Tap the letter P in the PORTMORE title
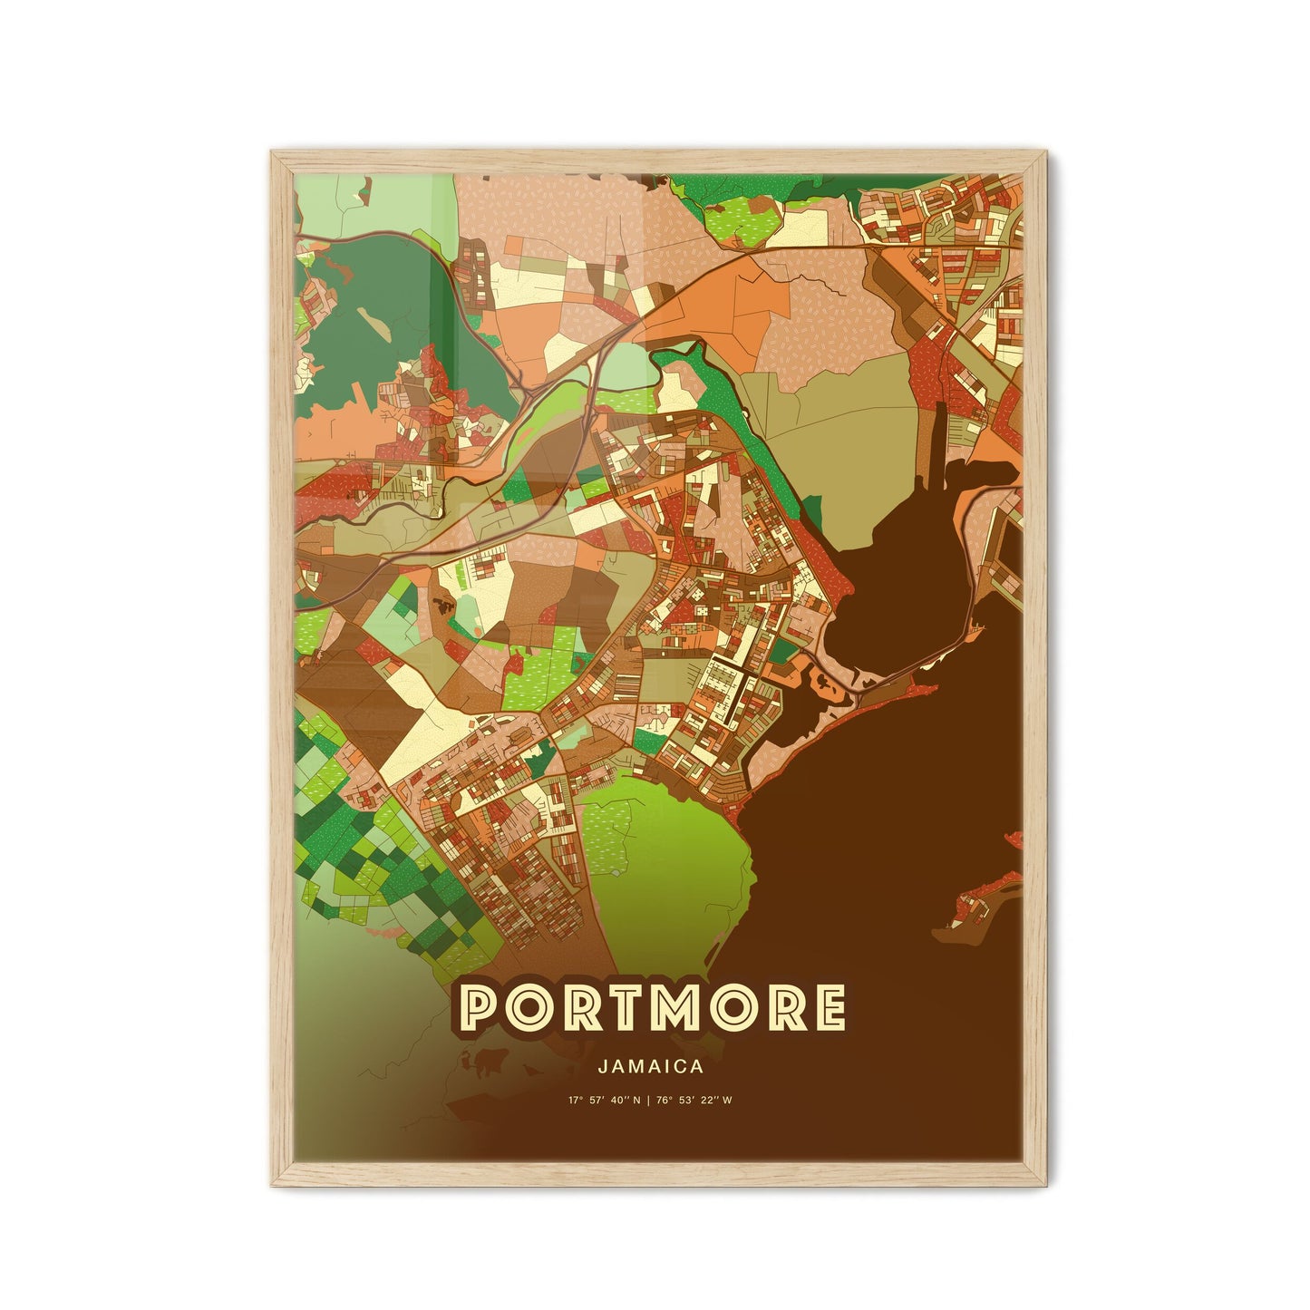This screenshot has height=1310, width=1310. (481, 1009)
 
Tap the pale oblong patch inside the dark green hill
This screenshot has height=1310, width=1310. (370, 317)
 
